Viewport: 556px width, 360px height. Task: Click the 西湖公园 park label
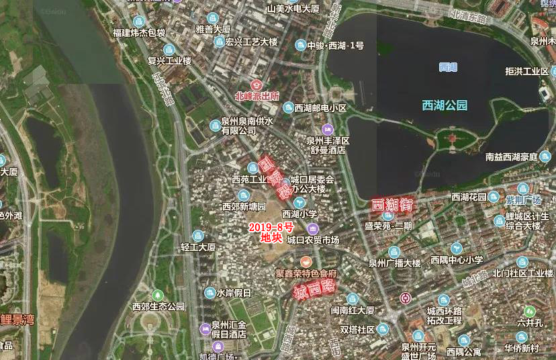(444, 105)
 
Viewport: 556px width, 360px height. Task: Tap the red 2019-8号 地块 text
(271, 232)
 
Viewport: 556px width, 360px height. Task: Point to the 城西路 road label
(314, 289)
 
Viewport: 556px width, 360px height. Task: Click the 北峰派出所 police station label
(257, 96)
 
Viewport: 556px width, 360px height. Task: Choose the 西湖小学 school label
(299, 214)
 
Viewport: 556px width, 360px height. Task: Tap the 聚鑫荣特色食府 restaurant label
(306, 274)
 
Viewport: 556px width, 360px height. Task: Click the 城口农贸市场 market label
(313, 240)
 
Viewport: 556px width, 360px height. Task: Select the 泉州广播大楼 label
(394, 263)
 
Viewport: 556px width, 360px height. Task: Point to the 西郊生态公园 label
(158, 306)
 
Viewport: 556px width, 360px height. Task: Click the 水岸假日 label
(234, 293)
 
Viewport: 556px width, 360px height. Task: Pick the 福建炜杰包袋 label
(138, 32)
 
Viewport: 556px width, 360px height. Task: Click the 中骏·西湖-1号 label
(335, 46)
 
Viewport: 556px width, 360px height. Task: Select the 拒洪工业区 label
(527, 71)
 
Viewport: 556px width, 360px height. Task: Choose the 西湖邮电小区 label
(320, 107)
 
